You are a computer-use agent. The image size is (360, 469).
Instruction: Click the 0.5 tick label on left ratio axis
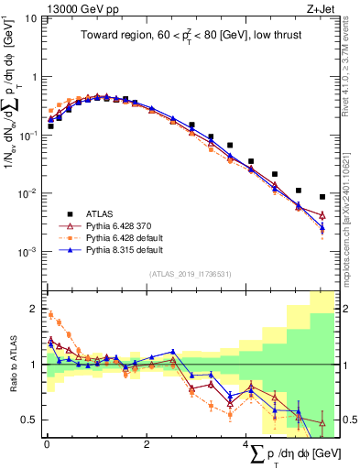point(30,420)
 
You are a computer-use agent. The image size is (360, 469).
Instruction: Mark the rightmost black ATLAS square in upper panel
point(322,197)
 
